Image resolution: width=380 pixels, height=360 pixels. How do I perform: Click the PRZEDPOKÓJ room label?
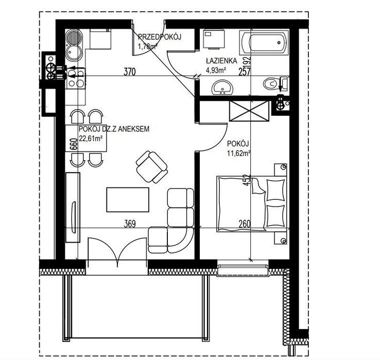coord(160,37)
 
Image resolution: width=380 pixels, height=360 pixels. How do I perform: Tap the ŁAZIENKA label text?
coord(221,61)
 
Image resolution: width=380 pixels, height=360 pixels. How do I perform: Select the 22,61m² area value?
coord(91,139)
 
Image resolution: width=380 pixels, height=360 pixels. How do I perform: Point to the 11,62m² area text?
coord(238,153)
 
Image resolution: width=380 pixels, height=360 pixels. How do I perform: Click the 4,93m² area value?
coord(216,71)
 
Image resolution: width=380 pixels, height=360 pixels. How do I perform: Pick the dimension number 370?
coord(130,72)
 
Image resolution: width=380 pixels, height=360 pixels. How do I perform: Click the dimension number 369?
coord(130,224)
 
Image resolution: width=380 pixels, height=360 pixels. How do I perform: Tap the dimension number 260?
coord(244,224)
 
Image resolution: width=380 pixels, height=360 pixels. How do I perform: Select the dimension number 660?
coord(74,144)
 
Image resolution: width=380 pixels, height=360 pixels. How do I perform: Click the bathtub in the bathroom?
coord(264,43)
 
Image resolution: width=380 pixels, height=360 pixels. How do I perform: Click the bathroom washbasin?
coord(222,87)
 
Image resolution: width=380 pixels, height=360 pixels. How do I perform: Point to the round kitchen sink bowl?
coord(74,53)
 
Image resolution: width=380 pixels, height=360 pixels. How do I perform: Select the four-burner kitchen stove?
coord(76,79)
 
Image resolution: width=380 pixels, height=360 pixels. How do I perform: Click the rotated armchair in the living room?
coord(152,167)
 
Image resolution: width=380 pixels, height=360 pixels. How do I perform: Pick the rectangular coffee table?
coord(128,199)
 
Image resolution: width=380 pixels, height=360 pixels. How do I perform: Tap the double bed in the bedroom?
coord(252,204)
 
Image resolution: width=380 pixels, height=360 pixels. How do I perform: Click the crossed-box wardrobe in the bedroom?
coord(249,111)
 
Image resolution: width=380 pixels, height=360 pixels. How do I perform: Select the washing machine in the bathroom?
coord(214,39)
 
